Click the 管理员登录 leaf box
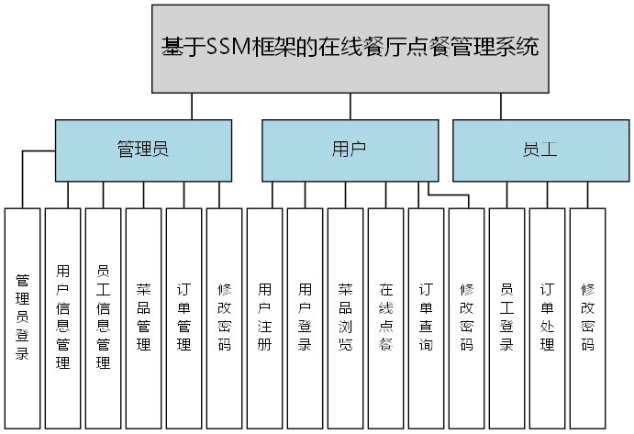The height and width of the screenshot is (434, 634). tap(22, 317)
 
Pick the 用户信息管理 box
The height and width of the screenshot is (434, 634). tap(62, 317)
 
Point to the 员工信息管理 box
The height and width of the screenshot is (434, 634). tap(103, 317)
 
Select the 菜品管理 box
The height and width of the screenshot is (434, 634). tap(143, 317)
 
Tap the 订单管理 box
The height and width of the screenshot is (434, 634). tap(184, 317)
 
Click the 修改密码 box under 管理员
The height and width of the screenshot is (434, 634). tap(224, 317)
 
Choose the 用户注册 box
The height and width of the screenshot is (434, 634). tap(264, 317)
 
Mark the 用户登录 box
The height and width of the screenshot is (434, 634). tap(305, 317)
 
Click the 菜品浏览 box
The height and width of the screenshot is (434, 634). tap(345, 317)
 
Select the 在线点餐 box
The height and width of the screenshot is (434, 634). tap(385, 317)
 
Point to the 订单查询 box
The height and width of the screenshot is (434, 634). tap(426, 317)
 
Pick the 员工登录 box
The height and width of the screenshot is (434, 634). tap(506, 317)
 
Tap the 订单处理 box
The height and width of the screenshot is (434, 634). tap(547, 317)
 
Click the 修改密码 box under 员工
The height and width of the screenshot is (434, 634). tap(587, 317)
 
